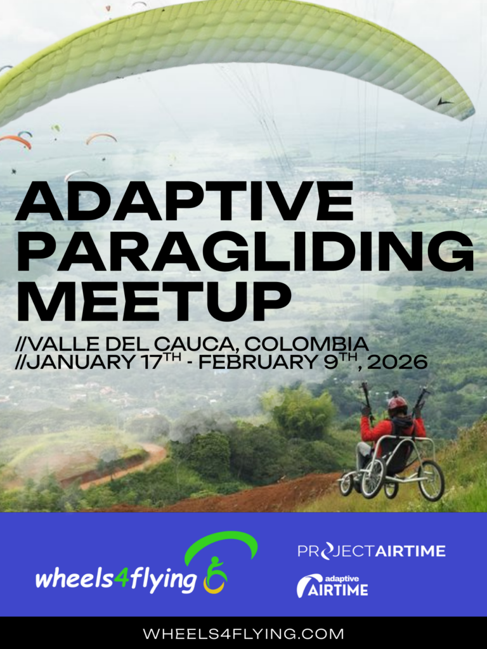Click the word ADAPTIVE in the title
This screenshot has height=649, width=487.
(x=185, y=202)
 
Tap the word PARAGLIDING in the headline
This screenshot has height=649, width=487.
(x=244, y=252)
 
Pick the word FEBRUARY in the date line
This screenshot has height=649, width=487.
(x=257, y=362)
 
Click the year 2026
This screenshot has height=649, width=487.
(x=397, y=362)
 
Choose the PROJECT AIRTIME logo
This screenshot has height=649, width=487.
(x=372, y=551)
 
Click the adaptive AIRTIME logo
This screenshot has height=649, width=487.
(x=332, y=586)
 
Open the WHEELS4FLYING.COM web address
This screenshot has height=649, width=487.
(x=243, y=634)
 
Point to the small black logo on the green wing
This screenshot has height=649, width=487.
(x=445, y=101)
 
